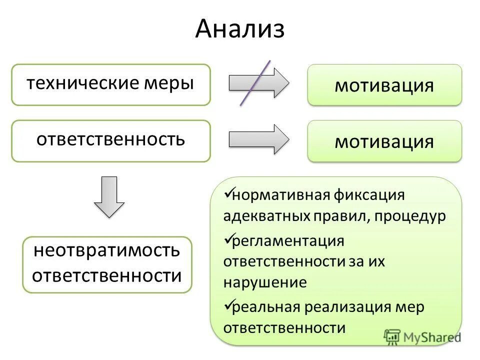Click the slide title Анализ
[240, 29]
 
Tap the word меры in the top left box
[168, 83]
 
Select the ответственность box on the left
[111, 140]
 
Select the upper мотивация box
[384, 85]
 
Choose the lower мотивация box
[384, 141]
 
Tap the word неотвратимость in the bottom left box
[106, 250]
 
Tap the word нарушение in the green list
[264, 282]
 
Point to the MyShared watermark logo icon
[392, 337]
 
